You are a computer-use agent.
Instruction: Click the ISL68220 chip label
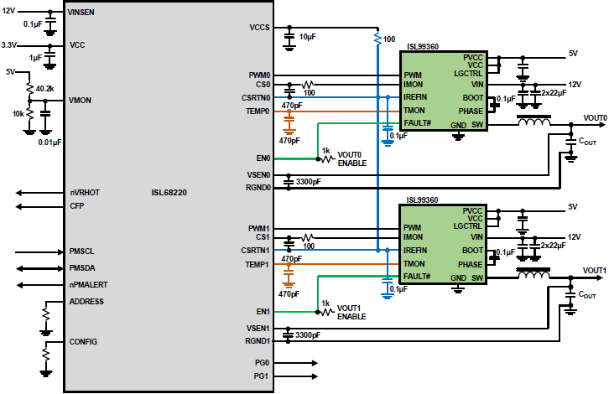coord(169,193)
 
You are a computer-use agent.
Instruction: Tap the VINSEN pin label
coord(81,13)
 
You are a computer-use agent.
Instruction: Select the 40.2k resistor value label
coord(44,89)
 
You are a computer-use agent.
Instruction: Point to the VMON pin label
coord(80,101)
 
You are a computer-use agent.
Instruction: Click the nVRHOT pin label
coord(85,193)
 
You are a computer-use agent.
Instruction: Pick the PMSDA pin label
coord(82,268)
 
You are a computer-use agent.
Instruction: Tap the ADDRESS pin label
coord(86,302)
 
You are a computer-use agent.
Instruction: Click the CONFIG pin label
coord(83,342)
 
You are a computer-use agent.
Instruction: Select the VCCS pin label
coord(259,28)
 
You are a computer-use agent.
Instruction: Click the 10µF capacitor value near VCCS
coord(307,37)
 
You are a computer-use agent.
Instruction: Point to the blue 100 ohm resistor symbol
coord(377,39)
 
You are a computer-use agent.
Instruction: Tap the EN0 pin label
coord(263,158)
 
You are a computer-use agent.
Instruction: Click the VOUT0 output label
coord(595,118)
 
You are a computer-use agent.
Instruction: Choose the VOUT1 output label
coord(594,271)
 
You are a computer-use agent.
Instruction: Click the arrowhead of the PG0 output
coord(315,363)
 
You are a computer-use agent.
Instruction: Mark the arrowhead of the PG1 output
coord(315,376)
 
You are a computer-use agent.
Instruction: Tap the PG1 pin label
coord(261,376)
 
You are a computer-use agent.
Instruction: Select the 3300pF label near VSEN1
coord(308,335)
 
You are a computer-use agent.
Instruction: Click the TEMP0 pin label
coord(258,111)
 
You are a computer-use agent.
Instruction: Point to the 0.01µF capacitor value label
coord(49,143)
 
